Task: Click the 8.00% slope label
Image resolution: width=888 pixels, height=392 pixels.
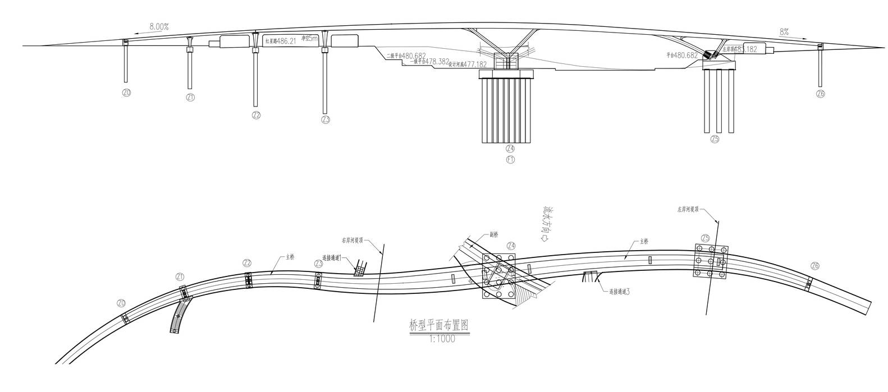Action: click(x=159, y=26)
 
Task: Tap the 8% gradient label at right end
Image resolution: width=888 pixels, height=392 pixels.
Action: click(x=784, y=33)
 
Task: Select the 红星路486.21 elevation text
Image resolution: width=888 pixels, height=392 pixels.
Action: click(x=280, y=41)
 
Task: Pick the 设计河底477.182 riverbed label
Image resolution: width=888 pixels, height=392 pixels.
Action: click(x=468, y=64)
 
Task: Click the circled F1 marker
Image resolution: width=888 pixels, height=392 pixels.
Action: click(x=510, y=159)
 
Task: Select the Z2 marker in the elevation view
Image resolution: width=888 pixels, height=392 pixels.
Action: click(x=257, y=115)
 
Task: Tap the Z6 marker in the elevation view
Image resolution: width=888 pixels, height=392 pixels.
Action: click(x=821, y=94)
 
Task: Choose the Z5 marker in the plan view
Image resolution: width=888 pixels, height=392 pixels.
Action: click(x=706, y=238)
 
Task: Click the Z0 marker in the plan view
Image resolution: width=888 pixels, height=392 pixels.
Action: click(x=121, y=303)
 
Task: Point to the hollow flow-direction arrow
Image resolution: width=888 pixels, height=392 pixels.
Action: click(x=544, y=238)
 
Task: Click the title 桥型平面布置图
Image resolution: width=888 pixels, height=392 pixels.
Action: click(x=439, y=325)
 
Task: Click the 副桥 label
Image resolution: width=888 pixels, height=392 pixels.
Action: click(x=493, y=236)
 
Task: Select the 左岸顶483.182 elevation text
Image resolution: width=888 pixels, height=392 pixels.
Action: click(x=740, y=49)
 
